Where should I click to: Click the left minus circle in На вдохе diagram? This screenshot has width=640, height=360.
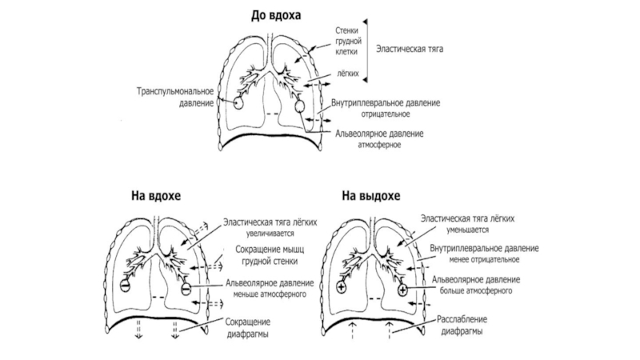125,285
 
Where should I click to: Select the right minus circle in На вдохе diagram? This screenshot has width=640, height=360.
186,286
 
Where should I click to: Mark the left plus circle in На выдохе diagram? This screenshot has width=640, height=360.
342,286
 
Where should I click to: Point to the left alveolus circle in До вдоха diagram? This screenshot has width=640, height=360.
238,103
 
